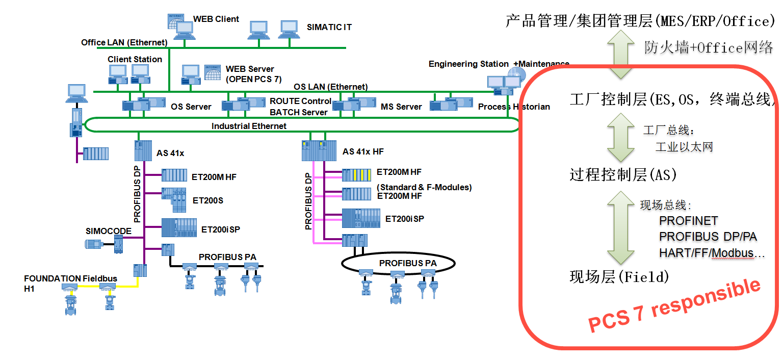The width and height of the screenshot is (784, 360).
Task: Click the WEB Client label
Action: (x=216, y=19)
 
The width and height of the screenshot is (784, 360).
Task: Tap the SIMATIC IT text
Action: (x=329, y=27)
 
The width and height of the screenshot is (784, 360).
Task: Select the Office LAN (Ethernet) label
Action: (x=124, y=42)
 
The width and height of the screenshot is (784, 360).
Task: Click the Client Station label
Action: (x=135, y=59)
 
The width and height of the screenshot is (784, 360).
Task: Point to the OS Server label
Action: (x=191, y=107)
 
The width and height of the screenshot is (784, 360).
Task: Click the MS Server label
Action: (x=401, y=107)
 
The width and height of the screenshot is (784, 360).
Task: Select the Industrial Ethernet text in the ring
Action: (x=249, y=126)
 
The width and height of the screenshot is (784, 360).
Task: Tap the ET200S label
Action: (x=208, y=200)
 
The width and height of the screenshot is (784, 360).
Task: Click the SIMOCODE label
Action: (x=109, y=231)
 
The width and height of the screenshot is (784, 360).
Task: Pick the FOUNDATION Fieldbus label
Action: (x=70, y=278)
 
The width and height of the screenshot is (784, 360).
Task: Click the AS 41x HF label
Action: (x=363, y=151)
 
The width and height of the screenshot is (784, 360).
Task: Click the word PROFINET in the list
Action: (x=688, y=221)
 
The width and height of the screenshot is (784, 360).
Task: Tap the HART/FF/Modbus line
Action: (x=712, y=253)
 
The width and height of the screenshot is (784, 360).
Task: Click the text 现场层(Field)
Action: (x=619, y=277)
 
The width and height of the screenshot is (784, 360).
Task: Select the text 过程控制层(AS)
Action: (x=622, y=175)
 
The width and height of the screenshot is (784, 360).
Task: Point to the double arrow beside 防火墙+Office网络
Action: (x=621, y=54)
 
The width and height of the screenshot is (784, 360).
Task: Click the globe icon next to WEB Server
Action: (x=212, y=72)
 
